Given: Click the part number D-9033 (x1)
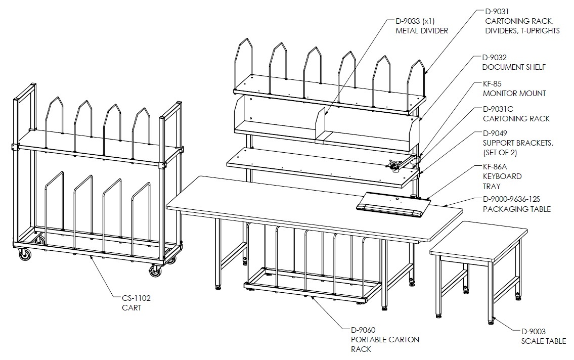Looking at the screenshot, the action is pyautogui.click(x=415, y=21).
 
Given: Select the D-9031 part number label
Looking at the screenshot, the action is pyautogui.click(x=497, y=12).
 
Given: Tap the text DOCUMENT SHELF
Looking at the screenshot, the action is pyautogui.click(x=514, y=67).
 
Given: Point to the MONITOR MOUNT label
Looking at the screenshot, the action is pyautogui.click(x=514, y=94).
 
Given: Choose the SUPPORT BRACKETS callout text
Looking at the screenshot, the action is pyautogui.click(x=518, y=143).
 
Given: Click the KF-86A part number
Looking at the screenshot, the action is pyautogui.click(x=495, y=167).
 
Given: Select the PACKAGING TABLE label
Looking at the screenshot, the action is pyautogui.click(x=517, y=209).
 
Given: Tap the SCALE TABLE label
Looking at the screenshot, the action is pyautogui.click(x=544, y=341).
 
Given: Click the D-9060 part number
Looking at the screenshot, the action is pyautogui.click(x=363, y=330).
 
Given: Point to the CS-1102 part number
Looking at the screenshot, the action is pyautogui.click(x=136, y=298).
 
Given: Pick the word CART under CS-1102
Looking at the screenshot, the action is pyautogui.click(x=131, y=308).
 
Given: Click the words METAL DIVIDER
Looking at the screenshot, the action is pyautogui.click(x=422, y=31).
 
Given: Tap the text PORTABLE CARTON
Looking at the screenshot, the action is pyautogui.click(x=385, y=340).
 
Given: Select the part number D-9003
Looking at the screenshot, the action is pyautogui.click(x=534, y=332).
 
